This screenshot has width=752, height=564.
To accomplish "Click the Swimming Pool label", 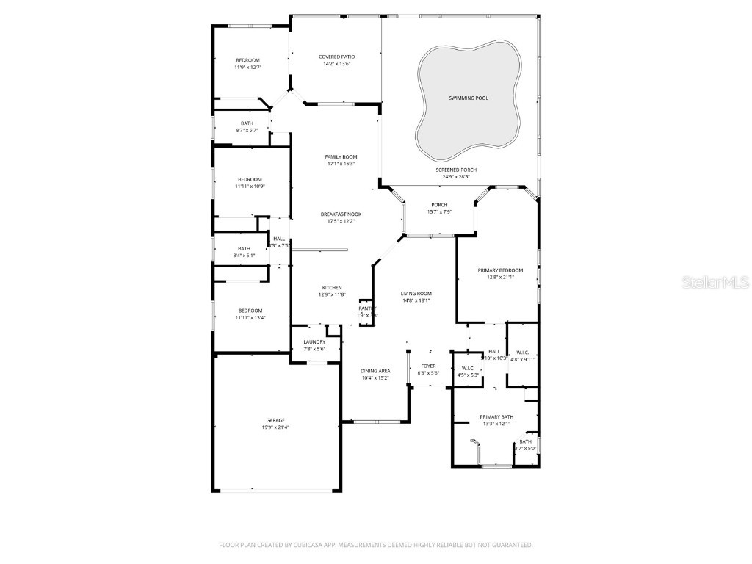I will (x=468, y=98).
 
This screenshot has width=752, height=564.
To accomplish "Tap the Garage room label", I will (x=275, y=421).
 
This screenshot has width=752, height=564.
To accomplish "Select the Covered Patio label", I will (x=336, y=57).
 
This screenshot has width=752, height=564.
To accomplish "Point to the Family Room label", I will (x=341, y=157).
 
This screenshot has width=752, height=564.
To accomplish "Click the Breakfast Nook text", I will (x=341, y=214).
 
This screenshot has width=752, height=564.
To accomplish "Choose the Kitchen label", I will (x=331, y=287).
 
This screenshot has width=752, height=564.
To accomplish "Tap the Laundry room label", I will (x=314, y=341).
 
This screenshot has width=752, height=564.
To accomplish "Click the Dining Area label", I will (x=375, y=371).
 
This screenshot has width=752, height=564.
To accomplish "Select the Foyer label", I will (x=428, y=366).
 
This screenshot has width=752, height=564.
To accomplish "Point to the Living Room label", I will (x=416, y=293).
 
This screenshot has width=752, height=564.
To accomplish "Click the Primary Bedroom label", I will (x=500, y=270).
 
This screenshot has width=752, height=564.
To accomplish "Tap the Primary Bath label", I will (x=496, y=416).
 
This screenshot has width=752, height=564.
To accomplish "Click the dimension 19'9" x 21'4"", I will (x=275, y=427).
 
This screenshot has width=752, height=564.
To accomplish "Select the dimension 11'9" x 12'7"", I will (x=247, y=67).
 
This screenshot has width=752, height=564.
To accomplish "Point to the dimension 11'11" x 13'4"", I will (x=250, y=318).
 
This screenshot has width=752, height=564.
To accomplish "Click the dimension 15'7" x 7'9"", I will (x=439, y=211).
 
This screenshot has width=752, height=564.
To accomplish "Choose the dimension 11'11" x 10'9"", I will (x=249, y=187).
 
